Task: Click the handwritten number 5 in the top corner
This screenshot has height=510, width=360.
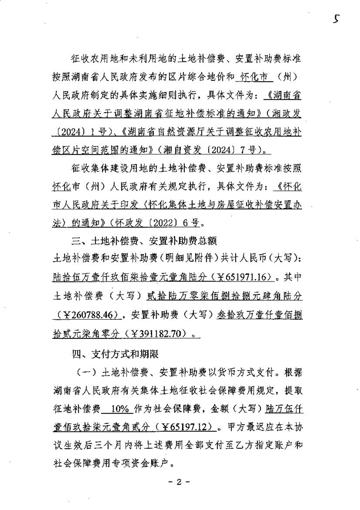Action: (336, 19)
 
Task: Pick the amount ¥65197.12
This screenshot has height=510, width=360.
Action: (187, 427)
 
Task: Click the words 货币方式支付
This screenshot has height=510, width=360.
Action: (236, 371)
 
